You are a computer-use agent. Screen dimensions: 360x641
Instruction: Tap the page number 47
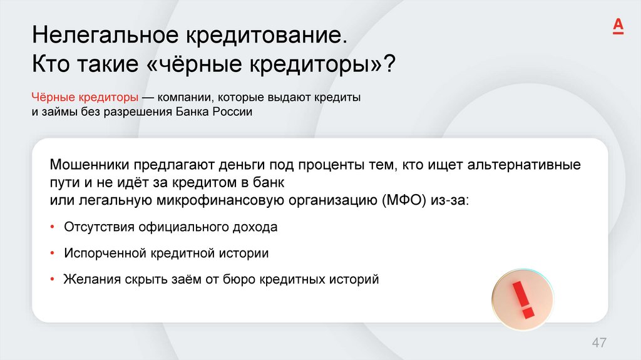[x=600, y=342]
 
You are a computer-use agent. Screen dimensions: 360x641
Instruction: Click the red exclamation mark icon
[x=522, y=299]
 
